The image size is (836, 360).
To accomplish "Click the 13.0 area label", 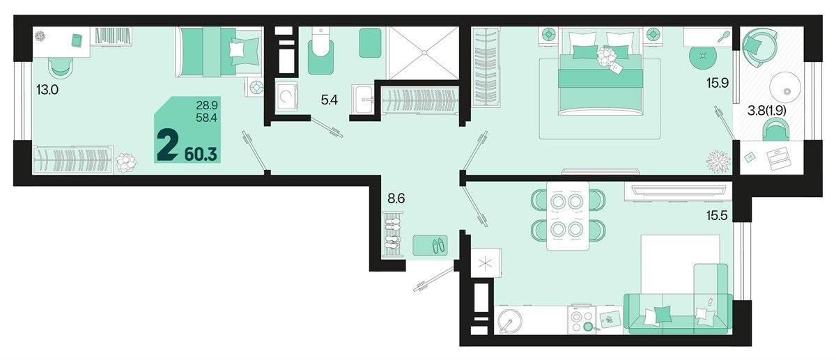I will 47,89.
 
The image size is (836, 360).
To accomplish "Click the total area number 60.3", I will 202,152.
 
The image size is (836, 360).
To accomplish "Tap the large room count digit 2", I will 167,147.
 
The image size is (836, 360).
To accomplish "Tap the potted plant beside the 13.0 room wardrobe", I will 127,163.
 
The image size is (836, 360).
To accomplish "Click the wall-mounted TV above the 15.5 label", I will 679,189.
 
